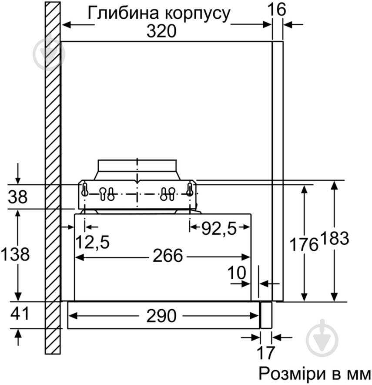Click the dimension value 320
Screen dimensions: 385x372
(x=162, y=31)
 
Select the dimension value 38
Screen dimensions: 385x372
(x=18, y=197)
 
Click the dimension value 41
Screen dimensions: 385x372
(x=18, y=314)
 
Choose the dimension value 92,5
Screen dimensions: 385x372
(x=220, y=227)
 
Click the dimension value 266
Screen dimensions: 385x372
(x=168, y=257)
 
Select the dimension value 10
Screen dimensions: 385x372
(x=237, y=273)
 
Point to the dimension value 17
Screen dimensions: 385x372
(x=266, y=353)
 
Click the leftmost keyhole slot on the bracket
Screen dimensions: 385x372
(x=85, y=189)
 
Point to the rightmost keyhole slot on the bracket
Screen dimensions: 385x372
(x=190, y=189)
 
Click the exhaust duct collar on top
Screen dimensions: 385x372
(x=137, y=166)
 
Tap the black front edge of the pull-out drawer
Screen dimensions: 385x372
(x=262, y=315)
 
